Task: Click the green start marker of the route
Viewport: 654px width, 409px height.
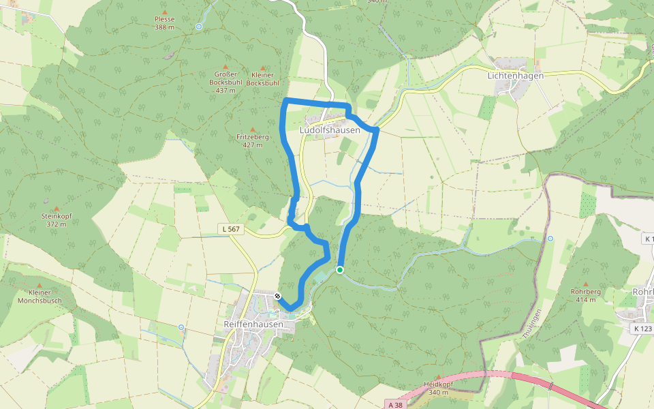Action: [340, 271]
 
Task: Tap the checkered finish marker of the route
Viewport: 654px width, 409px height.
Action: [278, 296]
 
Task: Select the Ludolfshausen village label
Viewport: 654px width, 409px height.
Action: [330, 130]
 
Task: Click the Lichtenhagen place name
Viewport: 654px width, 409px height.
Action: [515, 76]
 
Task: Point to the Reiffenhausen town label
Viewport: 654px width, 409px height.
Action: [253, 324]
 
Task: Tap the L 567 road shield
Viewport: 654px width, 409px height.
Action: [231, 229]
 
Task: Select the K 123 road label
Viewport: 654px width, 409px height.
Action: [642, 329]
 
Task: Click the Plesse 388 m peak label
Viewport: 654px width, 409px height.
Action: [165, 23]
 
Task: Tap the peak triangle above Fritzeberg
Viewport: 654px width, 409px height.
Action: [253, 129]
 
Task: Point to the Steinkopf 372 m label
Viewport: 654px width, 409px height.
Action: [54, 219]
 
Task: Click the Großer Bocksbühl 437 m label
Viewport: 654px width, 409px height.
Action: [225, 82]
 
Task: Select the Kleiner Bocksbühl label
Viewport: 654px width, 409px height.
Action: [263, 78]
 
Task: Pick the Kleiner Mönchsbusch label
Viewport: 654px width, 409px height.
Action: [40, 297]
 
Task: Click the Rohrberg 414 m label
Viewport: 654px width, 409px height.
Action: [585, 295]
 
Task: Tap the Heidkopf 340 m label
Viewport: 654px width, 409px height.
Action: [438, 388]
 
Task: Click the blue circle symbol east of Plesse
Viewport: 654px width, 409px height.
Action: [199, 27]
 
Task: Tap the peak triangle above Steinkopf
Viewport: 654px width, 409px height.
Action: [56, 209]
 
